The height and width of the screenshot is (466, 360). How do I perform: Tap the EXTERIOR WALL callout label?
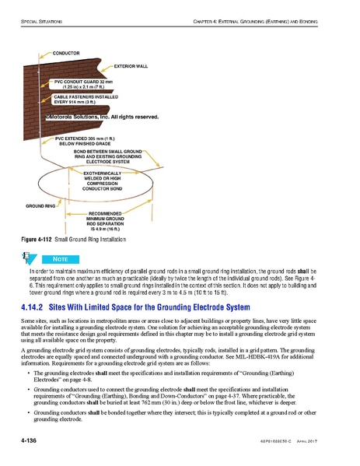[x=130, y=66]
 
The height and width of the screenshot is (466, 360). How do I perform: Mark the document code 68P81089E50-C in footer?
[x=285, y=443]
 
